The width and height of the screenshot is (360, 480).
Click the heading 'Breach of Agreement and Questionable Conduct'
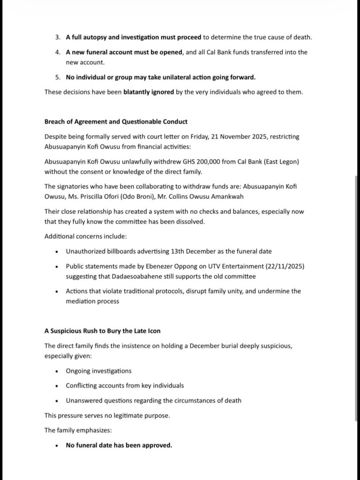click(x=116, y=121)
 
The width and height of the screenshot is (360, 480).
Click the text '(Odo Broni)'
click(x=138, y=196)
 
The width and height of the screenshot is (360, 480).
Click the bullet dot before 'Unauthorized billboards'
click(x=57, y=252)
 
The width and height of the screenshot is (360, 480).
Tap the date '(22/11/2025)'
click(x=276, y=266)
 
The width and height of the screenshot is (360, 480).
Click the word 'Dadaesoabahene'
click(x=132, y=276)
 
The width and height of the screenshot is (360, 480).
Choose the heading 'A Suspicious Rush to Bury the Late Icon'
click(x=102, y=331)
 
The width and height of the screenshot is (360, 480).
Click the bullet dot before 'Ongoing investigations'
click(x=57, y=371)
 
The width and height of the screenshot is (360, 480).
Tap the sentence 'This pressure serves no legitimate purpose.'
click(x=107, y=415)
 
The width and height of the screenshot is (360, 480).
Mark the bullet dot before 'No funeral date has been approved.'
click(x=57, y=446)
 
